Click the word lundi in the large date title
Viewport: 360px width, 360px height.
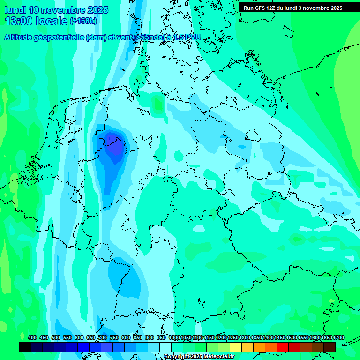pos(15,10)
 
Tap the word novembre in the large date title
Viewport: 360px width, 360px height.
pos(64,10)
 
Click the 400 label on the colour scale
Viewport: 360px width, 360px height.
pos(32,337)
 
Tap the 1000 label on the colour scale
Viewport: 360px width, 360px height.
pos(174,337)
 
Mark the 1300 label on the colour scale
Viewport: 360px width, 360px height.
pos(245,337)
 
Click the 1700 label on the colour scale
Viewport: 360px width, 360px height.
pos(338,337)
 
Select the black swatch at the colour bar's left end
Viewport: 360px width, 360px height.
pos(25,347)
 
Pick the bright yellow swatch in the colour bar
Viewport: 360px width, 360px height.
pos(236,347)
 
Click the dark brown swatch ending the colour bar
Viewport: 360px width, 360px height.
pos(330,347)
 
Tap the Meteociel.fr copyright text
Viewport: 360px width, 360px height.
pos(199,357)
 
